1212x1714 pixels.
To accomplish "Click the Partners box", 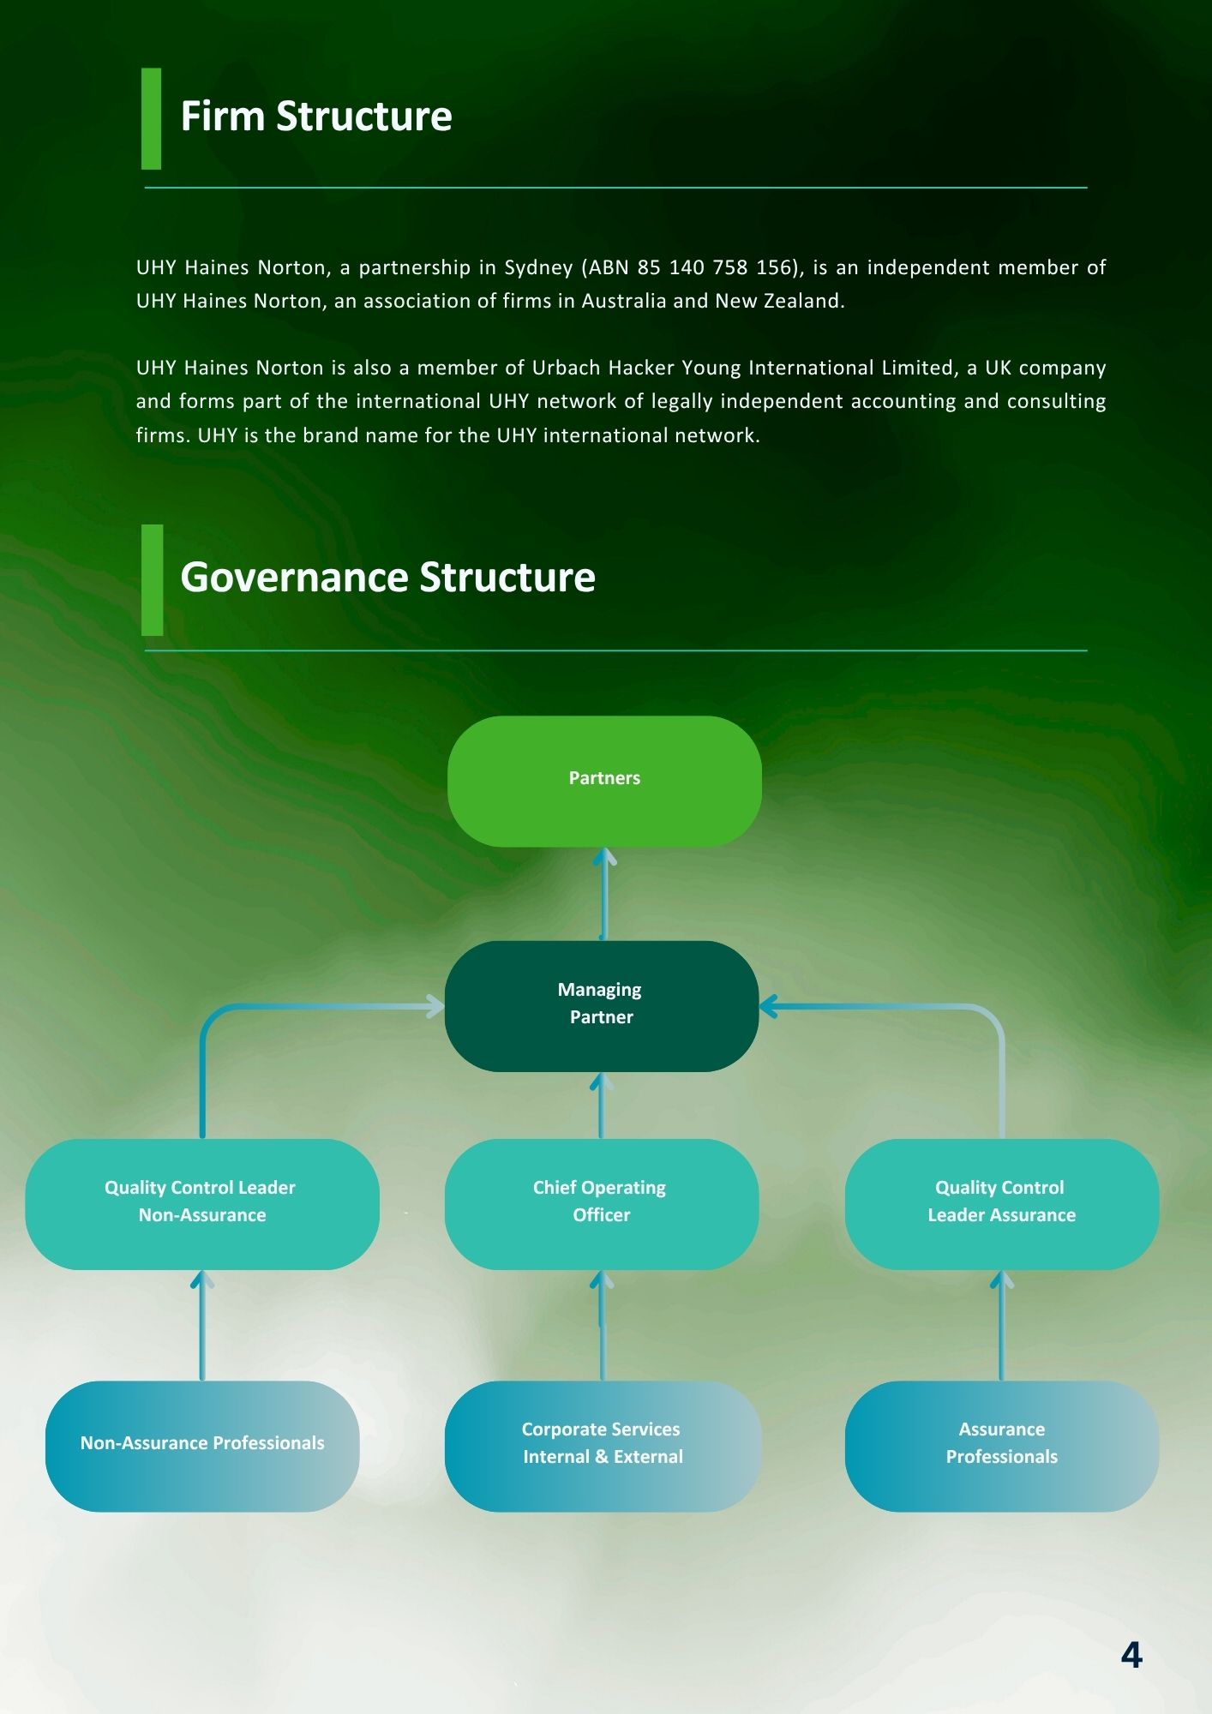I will pos(604,781).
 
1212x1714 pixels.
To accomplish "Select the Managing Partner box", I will pos(601,1005).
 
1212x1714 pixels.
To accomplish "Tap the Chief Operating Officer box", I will pos(601,1203).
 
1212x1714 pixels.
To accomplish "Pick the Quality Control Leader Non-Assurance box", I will pos(202,1203).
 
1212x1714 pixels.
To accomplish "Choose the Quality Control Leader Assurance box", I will pos(1001,1203).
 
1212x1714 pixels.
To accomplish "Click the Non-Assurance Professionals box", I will pos(202,1445).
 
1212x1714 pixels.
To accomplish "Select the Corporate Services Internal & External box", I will pos(603,1445).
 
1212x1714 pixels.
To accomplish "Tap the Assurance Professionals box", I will pos(1001,1445).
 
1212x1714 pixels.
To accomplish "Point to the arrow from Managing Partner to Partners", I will pos(604,894).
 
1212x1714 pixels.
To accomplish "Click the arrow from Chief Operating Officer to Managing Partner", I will pos(602,1106).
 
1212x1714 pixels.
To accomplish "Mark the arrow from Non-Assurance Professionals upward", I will pos(202,1325).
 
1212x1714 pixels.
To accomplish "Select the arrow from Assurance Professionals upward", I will pos(1001,1325).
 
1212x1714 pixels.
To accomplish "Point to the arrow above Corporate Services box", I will pos(602,1325).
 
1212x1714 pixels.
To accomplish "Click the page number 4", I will pos(1131,1655).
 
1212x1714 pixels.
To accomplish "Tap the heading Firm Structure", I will pos(316,117).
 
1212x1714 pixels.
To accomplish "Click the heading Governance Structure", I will pos(387,578).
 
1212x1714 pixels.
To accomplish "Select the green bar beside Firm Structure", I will pos(151,118).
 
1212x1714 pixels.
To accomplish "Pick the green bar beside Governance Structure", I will pos(152,579).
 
